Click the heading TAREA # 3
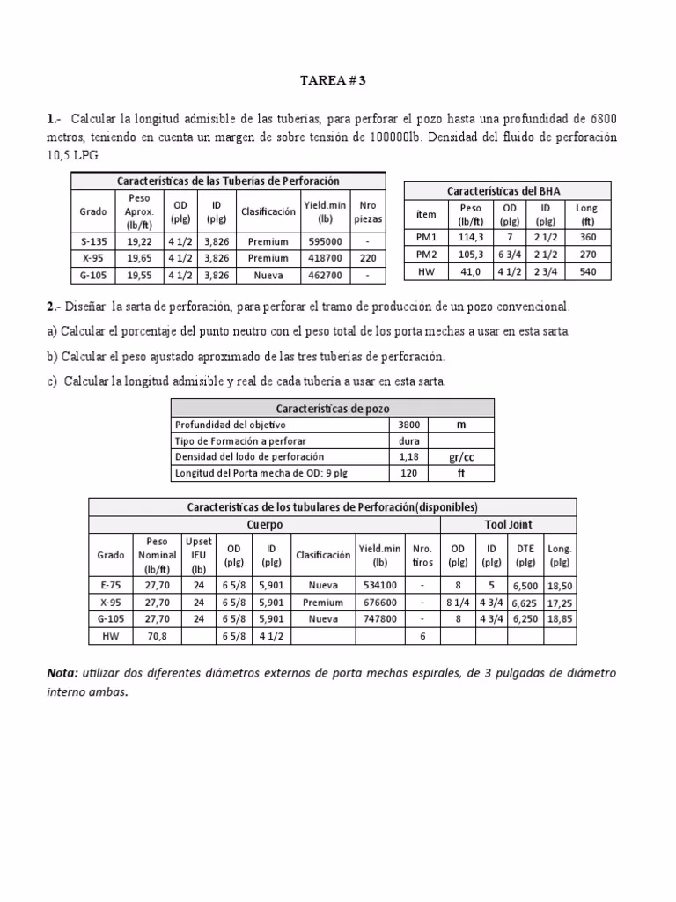pos(333,80)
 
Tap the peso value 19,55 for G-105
pos(138,275)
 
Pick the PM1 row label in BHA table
pos(425,237)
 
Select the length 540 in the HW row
pos(587,272)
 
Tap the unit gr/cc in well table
pos(460,457)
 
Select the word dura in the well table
pos(409,441)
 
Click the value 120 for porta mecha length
pos(409,473)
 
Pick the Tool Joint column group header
pos(509,524)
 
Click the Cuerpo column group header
pos(265,524)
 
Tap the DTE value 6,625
pos(525,603)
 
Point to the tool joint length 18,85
pos(559,619)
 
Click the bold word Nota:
pos(62,673)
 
